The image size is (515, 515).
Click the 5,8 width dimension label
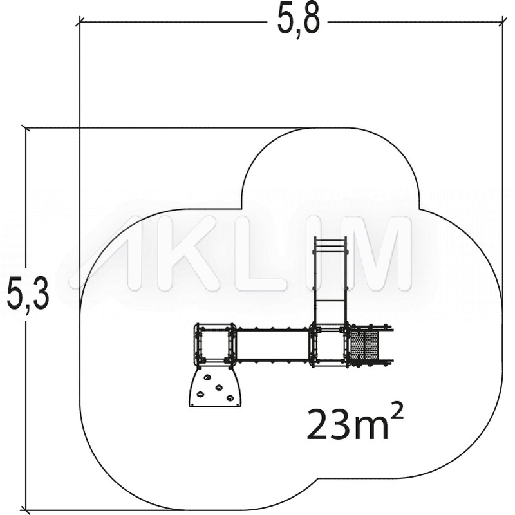point(298,22)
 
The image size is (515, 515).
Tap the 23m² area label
point(355,424)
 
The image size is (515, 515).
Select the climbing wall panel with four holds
point(216,386)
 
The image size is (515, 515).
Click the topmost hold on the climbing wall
point(207,377)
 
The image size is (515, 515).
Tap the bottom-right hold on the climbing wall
point(230,398)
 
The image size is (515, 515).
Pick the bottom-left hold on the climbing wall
point(200,394)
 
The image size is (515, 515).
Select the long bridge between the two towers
point(272,344)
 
